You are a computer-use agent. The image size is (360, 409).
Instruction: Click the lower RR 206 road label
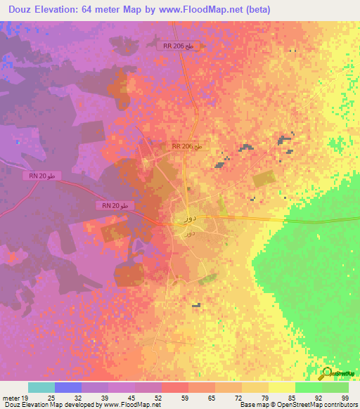point(187,146)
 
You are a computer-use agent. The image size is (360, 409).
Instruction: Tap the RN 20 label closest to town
point(114,205)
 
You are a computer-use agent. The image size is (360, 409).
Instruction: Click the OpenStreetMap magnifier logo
point(326,374)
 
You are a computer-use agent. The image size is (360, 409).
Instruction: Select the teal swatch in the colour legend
point(41,387)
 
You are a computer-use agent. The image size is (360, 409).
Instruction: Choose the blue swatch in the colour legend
point(68,387)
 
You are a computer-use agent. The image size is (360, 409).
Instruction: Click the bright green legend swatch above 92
point(309,387)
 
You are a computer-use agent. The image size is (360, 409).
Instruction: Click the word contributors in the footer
point(342,405)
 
